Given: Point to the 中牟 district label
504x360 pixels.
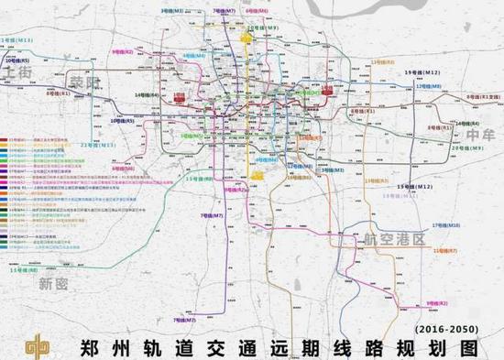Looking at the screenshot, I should (x=479, y=135).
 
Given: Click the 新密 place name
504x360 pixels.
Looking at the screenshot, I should (x=53, y=285).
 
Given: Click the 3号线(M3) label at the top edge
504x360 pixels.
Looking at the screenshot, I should (x=170, y=10).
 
